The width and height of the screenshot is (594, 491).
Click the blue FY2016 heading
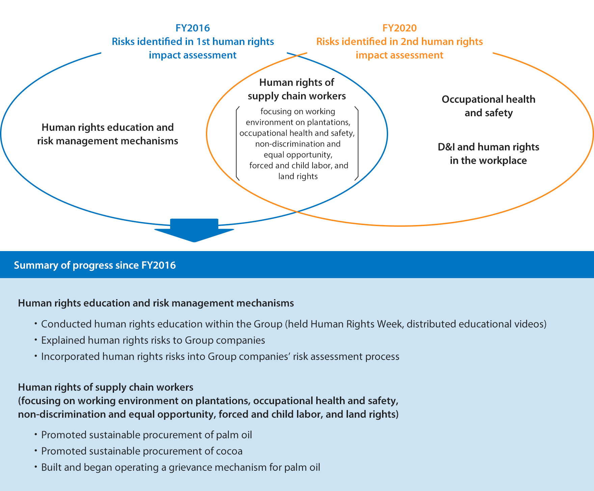pyautogui.click(x=192, y=28)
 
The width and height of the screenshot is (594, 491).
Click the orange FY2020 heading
pyautogui.click(x=399, y=28)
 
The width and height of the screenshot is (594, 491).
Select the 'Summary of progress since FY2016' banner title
pyautogui.click(x=95, y=265)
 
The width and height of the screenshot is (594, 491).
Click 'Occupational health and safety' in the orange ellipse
pyautogui.click(x=488, y=106)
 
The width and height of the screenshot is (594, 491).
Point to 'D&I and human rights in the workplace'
pyautogui.click(x=488, y=153)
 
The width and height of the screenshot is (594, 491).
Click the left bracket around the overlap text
pyautogui.click(x=238, y=144)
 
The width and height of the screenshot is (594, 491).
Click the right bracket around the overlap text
pyautogui.click(x=356, y=144)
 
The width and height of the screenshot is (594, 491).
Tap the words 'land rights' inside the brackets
pyautogui.click(x=298, y=176)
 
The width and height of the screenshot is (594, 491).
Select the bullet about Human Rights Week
pyautogui.click(x=290, y=324)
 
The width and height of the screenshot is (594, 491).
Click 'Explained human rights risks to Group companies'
pyautogui.click(x=153, y=340)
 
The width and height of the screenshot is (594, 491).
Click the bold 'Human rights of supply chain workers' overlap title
pyautogui.click(x=297, y=89)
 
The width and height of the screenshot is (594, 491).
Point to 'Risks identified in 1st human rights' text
pyautogui.click(x=193, y=42)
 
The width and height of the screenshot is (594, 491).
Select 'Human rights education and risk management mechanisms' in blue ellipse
pyautogui.click(x=108, y=134)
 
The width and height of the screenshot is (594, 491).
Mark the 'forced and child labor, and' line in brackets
pyautogui.click(x=299, y=165)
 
